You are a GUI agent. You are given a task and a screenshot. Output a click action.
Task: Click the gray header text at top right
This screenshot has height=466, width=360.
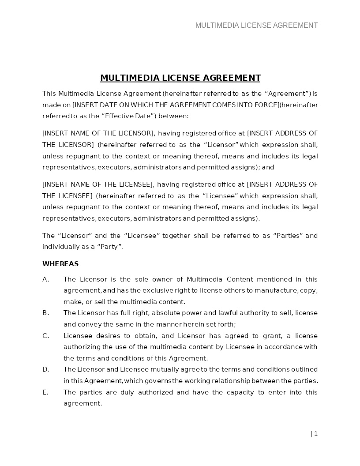pos(256,25)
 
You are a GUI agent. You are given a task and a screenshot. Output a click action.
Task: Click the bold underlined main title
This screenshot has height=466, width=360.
pos(180,78)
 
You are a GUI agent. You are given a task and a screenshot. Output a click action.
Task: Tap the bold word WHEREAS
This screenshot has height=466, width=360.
pos(60,264)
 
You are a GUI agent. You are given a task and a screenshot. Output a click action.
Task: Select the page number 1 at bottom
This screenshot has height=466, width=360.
pos(315,434)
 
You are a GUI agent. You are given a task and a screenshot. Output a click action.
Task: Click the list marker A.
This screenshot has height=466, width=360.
pos(45,279)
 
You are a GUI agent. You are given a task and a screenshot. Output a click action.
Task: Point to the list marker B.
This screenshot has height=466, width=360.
pos(45,313)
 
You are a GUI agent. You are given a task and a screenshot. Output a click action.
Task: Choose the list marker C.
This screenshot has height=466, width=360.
pos(45,336)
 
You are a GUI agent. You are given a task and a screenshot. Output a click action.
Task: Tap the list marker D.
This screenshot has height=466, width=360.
pos(45,369)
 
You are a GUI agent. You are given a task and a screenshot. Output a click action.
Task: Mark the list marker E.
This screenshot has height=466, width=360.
pos(45,392)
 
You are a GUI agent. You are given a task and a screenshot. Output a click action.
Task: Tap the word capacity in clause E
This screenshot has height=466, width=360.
pos(240,392)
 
